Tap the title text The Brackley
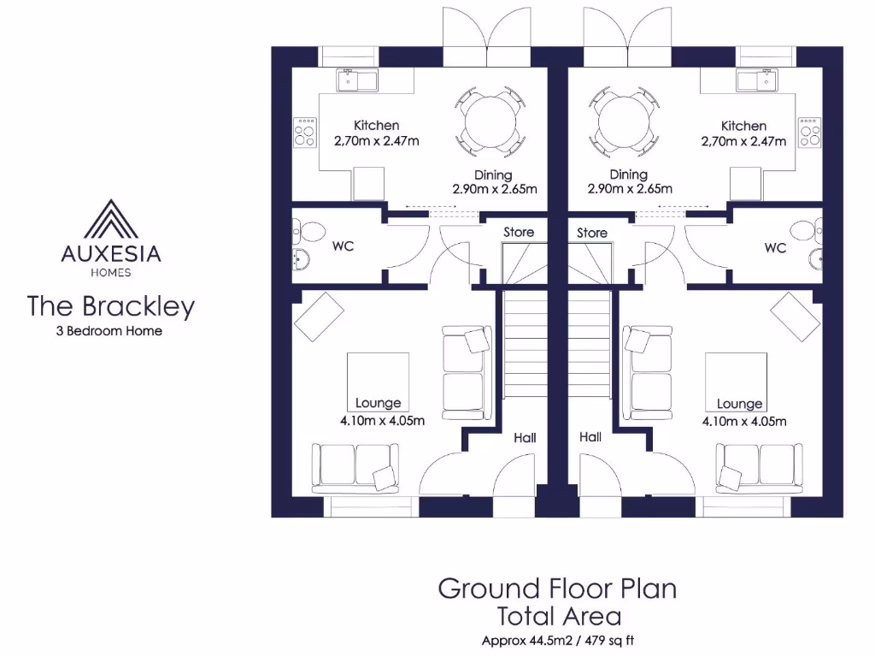pyautogui.click(x=111, y=306)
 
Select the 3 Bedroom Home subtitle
pyautogui.click(x=109, y=331)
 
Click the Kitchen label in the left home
pyautogui.click(x=376, y=126)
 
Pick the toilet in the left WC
pyautogui.click(x=308, y=231)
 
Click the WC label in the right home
pyautogui.click(x=775, y=248)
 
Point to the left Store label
pyautogui.click(x=519, y=232)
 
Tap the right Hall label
pyautogui.click(x=590, y=437)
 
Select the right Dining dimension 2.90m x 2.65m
pyautogui.click(x=630, y=189)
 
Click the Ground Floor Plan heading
pyautogui.click(x=557, y=589)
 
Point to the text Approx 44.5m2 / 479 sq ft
pyautogui.click(x=558, y=640)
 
